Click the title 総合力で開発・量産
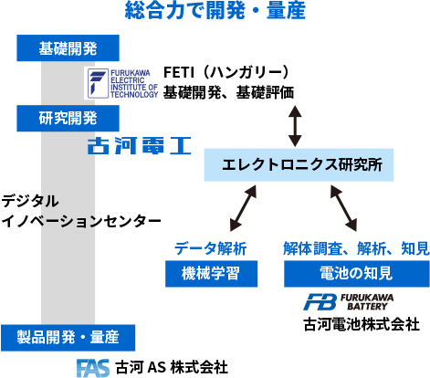click(x=215, y=10)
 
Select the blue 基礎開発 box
click(x=68, y=48)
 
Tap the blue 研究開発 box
click(x=68, y=119)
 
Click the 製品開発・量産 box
click(x=68, y=338)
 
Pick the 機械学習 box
click(x=211, y=274)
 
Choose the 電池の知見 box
click(x=357, y=274)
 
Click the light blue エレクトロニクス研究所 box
click(x=299, y=165)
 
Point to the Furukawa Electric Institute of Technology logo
click(x=122, y=83)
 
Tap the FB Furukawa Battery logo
click(x=348, y=302)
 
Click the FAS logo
click(x=93, y=368)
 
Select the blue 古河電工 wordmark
click(x=140, y=145)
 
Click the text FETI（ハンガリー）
click(x=226, y=72)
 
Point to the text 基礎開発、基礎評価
click(x=228, y=92)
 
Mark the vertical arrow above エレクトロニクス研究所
click(x=295, y=126)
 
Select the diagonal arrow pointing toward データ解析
click(x=243, y=208)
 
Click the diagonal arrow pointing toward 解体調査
click(x=343, y=208)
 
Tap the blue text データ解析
click(x=211, y=248)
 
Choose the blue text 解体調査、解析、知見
click(x=356, y=248)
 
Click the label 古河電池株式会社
click(x=362, y=324)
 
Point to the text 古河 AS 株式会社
click(x=172, y=367)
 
